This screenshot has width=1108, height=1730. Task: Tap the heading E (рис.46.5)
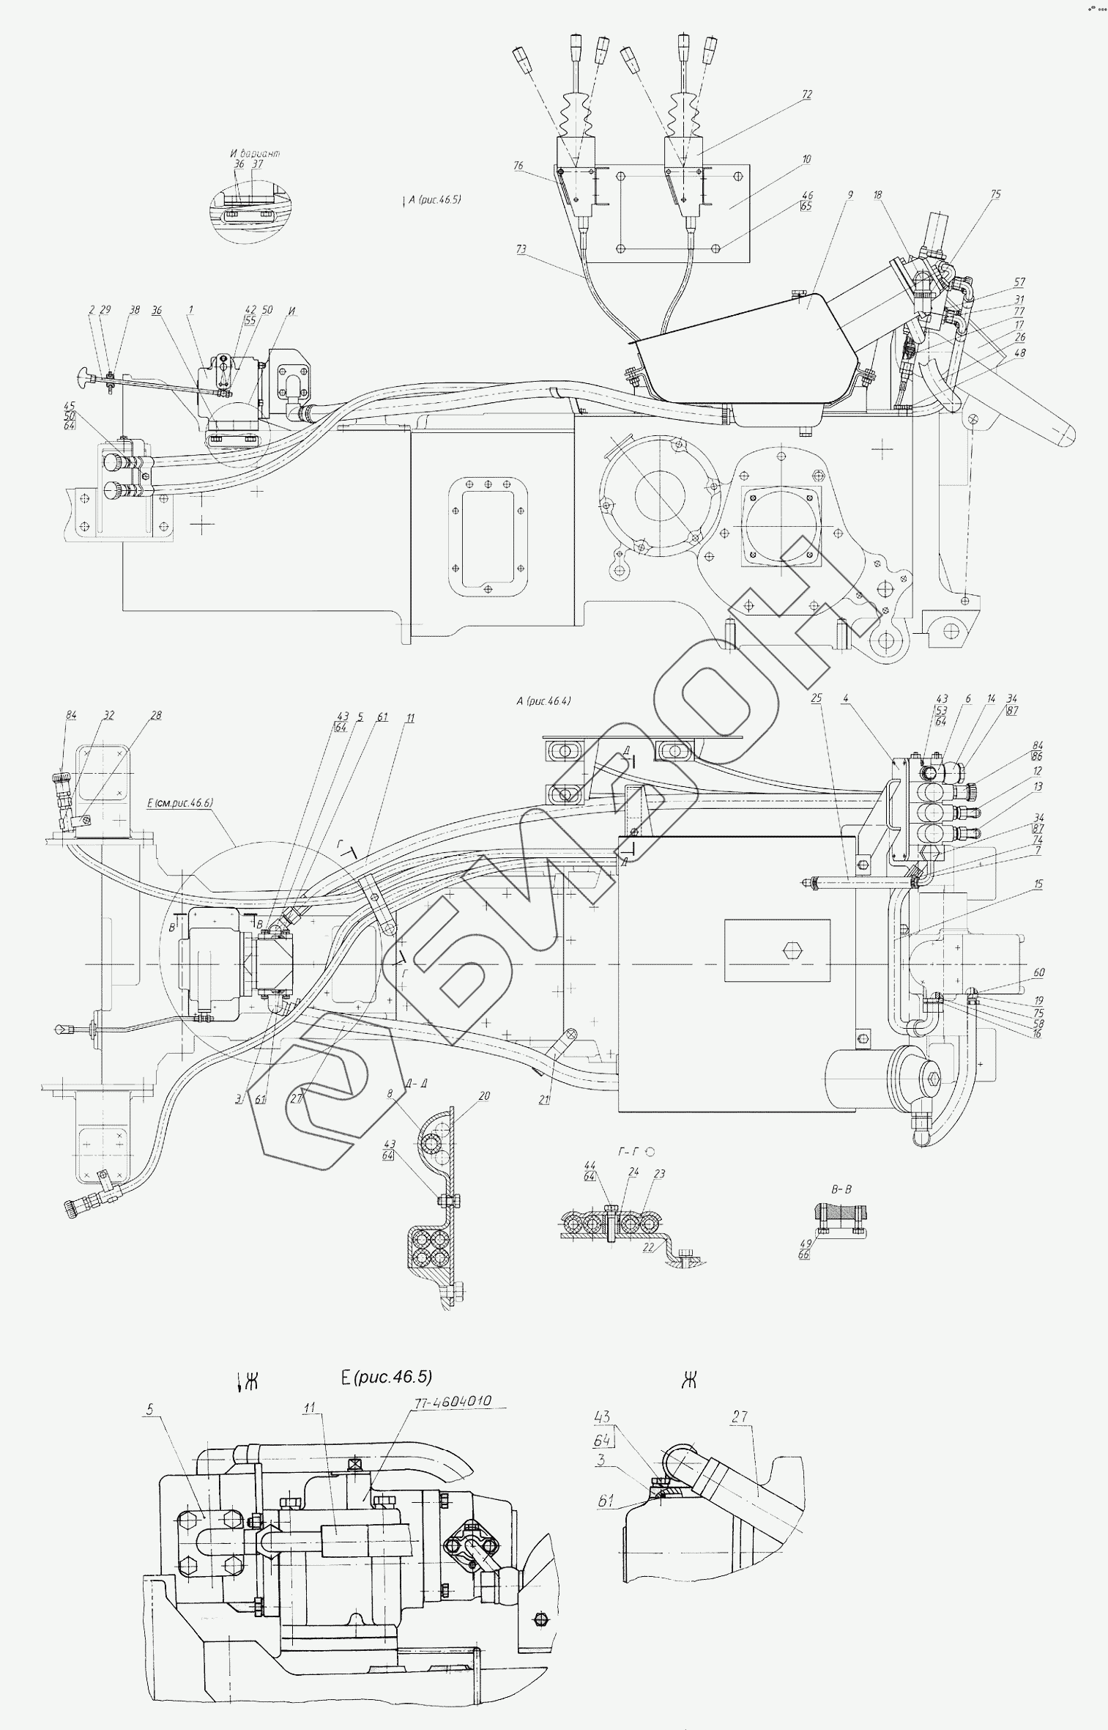tap(386, 1377)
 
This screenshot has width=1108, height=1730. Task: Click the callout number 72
tap(807, 95)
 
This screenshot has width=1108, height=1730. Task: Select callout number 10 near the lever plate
tap(806, 159)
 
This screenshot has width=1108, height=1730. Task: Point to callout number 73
tap(521, 250)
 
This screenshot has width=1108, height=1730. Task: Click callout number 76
tap(518, 166)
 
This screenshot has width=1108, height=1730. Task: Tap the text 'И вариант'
tap(255, 154)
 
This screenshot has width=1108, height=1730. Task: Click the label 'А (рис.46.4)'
tap(543, 701)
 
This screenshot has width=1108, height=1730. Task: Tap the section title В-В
tap(841, 1189)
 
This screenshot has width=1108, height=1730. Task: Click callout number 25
tap(817, 699)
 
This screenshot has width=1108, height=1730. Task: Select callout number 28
tap(157, 716)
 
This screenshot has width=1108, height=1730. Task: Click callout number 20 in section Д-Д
tap(485, 1097)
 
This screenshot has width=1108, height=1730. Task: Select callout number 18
tap(877, 196)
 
